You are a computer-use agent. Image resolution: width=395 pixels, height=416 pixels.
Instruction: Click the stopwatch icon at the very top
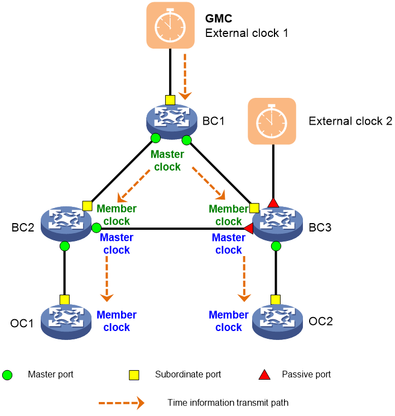170,25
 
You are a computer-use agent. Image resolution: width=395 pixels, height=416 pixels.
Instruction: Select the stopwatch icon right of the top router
272,121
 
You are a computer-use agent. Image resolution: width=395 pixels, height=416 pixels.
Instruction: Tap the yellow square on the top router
170,100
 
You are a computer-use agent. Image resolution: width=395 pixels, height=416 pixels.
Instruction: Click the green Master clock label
167,160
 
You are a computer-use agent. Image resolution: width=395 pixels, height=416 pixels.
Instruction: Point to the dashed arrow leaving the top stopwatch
185,75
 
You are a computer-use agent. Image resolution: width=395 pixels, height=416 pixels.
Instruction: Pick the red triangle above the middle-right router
273,202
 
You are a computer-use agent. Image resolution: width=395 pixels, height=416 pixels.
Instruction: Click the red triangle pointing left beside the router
248,228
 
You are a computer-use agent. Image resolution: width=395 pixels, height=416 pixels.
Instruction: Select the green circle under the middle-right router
276,246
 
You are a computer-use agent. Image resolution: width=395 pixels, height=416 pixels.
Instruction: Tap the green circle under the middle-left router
65,246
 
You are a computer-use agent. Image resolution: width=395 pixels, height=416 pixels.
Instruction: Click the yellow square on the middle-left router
87,206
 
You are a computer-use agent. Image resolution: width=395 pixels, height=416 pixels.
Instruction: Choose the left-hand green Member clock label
117,215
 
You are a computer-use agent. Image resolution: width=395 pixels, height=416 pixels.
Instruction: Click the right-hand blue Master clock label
228,244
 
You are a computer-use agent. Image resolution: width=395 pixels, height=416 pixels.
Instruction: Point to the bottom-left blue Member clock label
117,321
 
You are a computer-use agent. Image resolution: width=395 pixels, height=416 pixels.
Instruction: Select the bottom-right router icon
277,321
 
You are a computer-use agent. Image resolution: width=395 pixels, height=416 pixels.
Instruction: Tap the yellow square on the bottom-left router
65,300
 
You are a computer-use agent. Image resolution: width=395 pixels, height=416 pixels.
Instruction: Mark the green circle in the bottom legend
7,375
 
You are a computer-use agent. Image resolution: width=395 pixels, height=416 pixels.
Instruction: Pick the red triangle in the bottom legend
264,375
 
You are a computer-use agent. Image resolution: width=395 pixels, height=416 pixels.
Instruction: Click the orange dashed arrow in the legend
122,403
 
